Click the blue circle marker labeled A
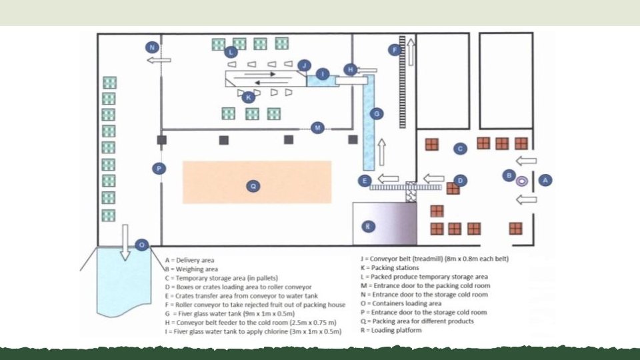(x=545, y=180)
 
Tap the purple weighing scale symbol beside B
(x=521, y=181)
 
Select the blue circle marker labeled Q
(x=253, y=186)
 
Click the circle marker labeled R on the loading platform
(x=368, y=226)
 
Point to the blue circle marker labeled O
(x=141, y=245)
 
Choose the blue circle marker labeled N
(x=152, y=47)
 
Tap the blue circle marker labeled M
(x=317, y=128)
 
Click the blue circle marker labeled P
(x=159, y=168)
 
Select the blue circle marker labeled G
(x=376, y=114)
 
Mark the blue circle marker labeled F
(x=395, y=50)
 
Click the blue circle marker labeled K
(x=248, y=97)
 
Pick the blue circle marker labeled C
(x=460, y=149)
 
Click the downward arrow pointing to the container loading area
(x=125, y=243)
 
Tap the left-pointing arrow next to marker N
(x=159, y=61)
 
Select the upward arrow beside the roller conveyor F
(x=411, y=52)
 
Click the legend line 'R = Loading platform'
(x=391, y=330)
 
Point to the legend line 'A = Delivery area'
(x=189, y=260)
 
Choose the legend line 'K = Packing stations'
(x=390, y=268)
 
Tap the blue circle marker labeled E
(x=365, y=181)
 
